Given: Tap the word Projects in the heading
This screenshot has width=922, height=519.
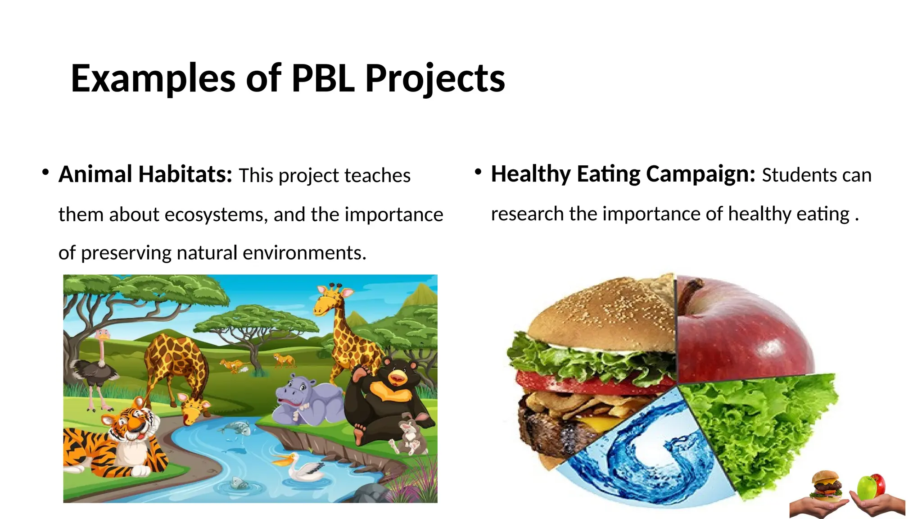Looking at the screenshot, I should point(435,78).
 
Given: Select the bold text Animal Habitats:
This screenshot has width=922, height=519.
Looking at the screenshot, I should point(145,175).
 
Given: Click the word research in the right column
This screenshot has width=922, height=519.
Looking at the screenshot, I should point(527,214).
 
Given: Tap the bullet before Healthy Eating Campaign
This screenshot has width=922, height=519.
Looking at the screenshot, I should point(478,172).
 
